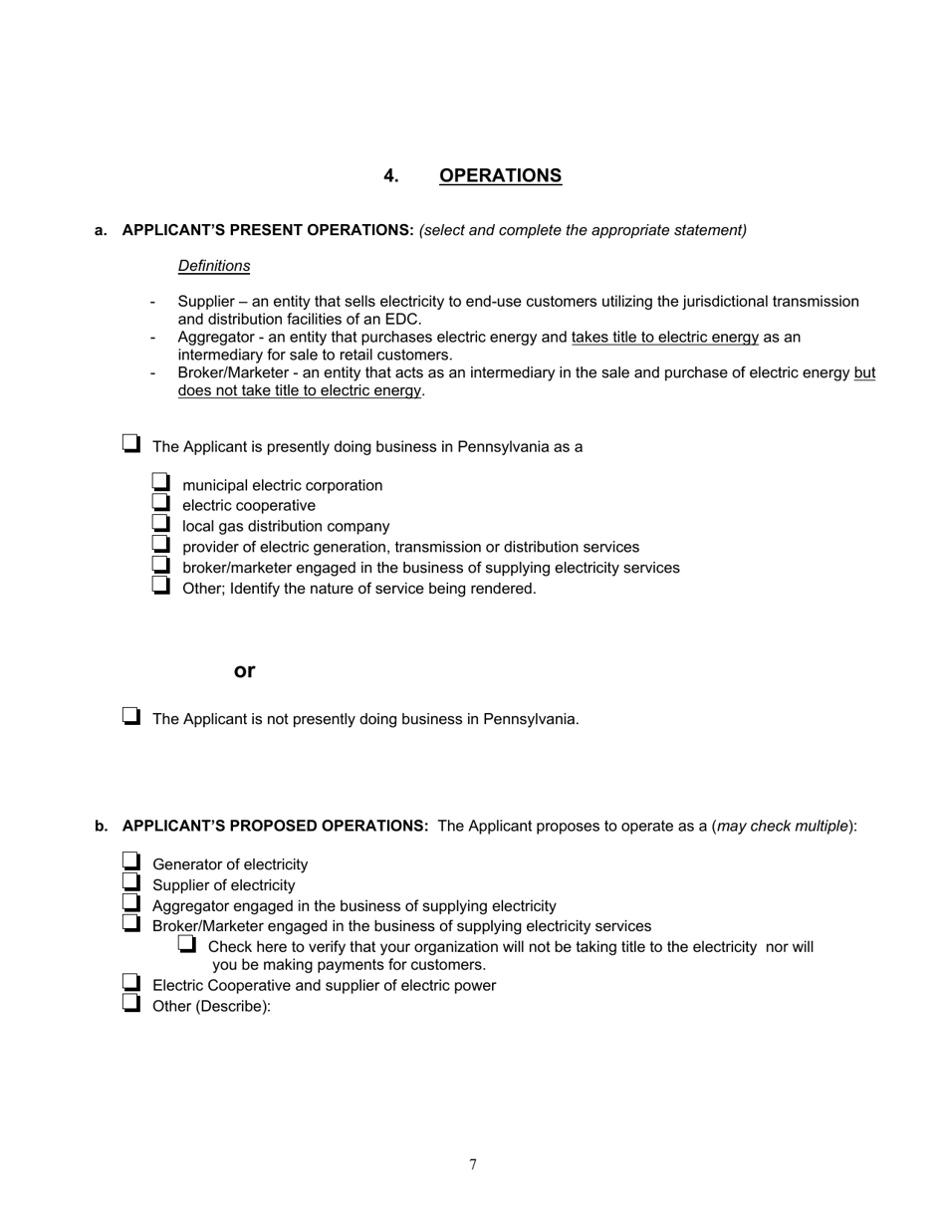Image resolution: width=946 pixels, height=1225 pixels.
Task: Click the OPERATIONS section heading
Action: click(500, 176)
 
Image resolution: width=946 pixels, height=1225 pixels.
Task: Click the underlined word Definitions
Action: click(214, 266)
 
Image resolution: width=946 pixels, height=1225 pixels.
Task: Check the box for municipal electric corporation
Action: click(161, 483)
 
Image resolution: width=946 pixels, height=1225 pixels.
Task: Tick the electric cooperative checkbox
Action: click(161, 503)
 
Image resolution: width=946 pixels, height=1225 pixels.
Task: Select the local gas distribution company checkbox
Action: click(161, 524)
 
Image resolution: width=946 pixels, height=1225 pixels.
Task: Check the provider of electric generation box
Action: click(161, 545)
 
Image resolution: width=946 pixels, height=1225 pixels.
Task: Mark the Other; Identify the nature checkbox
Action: click(161, 586)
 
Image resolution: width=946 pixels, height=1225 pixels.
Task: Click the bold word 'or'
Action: click(245, 671)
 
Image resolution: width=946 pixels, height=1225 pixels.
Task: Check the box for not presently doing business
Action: click(131, 716)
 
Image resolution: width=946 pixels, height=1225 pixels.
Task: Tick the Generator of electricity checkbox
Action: click(131, 862)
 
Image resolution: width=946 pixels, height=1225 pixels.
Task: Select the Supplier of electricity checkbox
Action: click(131, 882)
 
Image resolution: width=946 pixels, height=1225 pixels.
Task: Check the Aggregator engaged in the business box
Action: click(131, 903)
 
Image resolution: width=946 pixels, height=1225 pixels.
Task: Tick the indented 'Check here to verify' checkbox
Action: click(187, 944)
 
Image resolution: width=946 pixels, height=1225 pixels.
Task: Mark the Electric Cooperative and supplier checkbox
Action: click(131, 983)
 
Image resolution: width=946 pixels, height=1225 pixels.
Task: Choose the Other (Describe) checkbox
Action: click(131, 1004)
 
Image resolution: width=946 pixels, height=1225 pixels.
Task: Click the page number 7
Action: click(473, 1165)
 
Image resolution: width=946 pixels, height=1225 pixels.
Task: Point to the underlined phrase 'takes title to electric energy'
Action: click(664, 338)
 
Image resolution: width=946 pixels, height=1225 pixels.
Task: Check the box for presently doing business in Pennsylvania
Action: click(131, 444)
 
